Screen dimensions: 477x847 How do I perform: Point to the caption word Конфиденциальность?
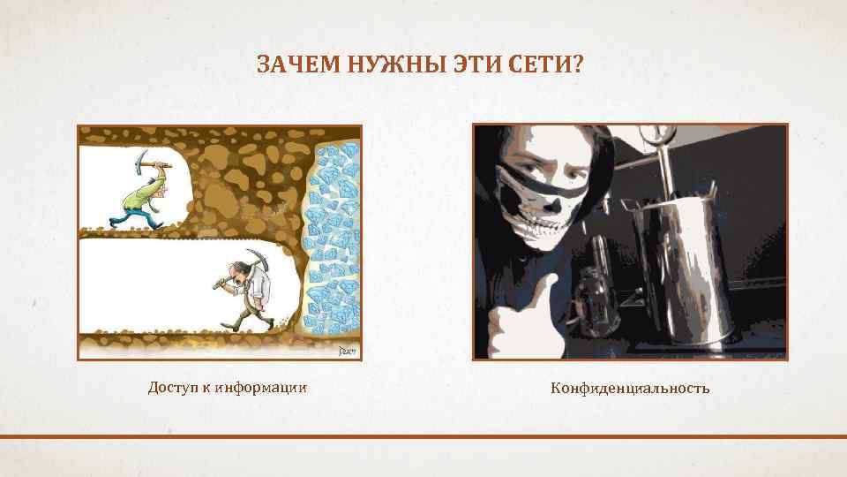point(630,388)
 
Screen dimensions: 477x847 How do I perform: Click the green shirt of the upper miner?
point(144,193)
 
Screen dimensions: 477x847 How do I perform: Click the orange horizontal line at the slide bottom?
point(423,436)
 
